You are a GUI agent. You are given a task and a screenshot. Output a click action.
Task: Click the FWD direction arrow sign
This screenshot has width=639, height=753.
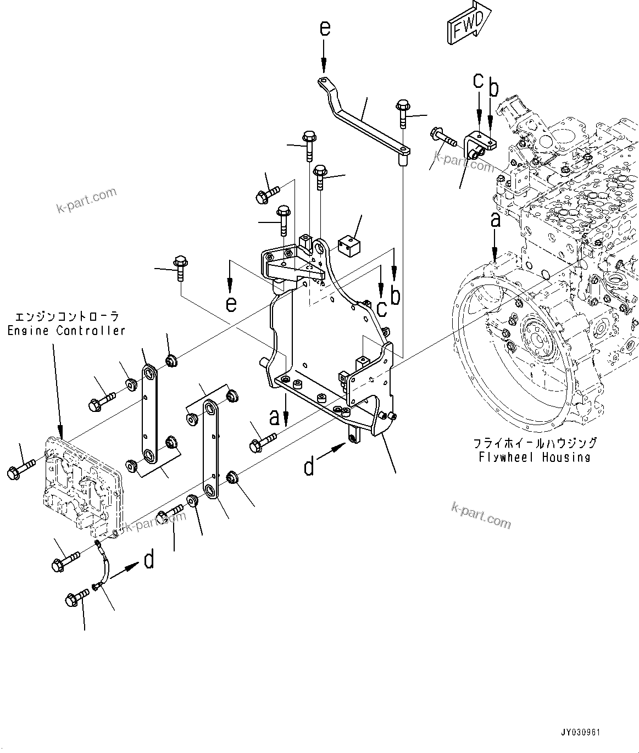tap(469, 23)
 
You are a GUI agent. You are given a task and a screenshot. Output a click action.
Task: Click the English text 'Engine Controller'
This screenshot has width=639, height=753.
tap(66, 331)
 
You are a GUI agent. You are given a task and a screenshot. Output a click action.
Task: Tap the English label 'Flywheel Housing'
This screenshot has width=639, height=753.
tap(534, 457)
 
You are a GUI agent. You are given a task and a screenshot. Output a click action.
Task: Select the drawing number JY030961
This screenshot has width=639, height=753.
tap(581, 733)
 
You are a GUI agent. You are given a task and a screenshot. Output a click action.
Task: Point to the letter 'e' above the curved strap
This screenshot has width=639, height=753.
tap(325, 29)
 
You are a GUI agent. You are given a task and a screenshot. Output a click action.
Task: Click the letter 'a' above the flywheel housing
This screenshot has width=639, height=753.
tap(495, 220)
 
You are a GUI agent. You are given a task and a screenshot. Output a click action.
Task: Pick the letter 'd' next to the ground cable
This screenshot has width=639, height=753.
tap(148, 560)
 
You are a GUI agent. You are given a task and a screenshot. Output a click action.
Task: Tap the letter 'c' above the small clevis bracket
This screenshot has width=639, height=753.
tap(478, 81)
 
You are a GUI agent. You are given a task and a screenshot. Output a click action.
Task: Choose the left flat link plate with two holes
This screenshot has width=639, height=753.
tap(148, 414)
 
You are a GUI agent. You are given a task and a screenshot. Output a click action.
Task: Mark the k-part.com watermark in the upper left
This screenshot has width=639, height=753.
tap(86, 200)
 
